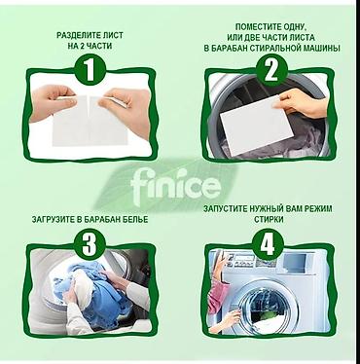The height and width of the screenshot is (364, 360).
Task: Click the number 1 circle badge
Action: tap(90, 70)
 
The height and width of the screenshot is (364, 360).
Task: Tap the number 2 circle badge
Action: tap(271, 70)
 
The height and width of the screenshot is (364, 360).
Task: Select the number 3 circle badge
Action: tap(90, 243)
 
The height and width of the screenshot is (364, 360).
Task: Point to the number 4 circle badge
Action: tap(269, 243)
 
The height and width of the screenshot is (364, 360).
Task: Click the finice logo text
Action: tap(176, 185)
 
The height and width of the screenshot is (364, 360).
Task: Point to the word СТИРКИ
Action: tap(269, 220)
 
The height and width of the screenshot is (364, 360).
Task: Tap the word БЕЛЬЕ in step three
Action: tap(136, 220)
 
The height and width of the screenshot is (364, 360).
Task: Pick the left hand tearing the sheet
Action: tap(54, 101)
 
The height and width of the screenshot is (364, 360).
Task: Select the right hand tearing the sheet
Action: tap(126, 108)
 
